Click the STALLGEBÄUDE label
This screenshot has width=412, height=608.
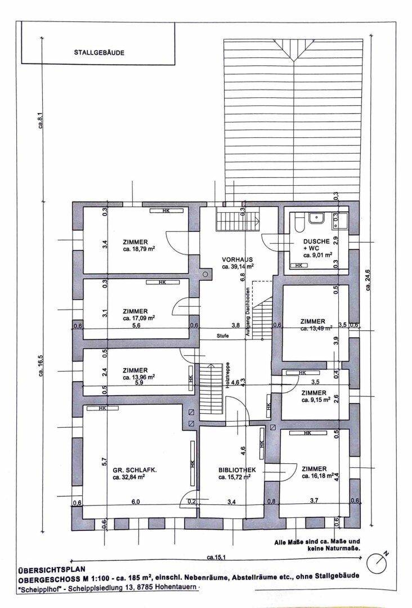[x=99, y=53]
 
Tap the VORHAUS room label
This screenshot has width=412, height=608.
[x=238, y=260]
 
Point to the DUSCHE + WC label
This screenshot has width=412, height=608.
[x=316, y=244]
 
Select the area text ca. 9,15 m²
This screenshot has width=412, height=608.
[x=316, y=400]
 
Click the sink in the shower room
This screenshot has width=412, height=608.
[x=317, y=219]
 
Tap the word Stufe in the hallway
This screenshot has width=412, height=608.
[x=222, y=336]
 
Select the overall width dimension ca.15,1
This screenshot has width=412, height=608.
[x=216, y=557]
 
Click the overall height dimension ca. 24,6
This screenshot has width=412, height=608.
[x=368, y=280]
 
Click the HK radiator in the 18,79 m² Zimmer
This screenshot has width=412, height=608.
[x=167, y=211]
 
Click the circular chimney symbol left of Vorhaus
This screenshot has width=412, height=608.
[x=205, y=274]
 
